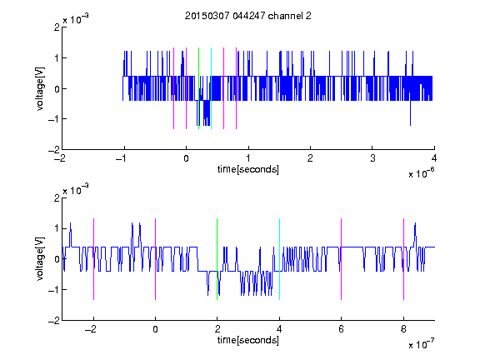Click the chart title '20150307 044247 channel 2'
(248, 16)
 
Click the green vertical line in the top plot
(198, 88)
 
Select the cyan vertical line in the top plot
(211, 88)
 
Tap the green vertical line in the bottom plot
(217, 259)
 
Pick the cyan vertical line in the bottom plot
(279, 259)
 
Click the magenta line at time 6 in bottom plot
(342, 259)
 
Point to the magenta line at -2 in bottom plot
(93, 259)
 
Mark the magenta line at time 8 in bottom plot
(404, 259)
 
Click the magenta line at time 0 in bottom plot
(156, 259)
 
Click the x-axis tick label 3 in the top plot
(372, 158)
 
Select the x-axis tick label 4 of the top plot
(434, 158)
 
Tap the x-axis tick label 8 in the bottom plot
(403, 329)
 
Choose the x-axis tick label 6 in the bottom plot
(341, 329)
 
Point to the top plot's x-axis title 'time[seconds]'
(248, 169)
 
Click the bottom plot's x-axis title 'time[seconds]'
(248, 340)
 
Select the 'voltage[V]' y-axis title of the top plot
(40, 88)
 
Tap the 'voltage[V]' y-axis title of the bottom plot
(40, 259)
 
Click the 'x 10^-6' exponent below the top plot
(421, 173)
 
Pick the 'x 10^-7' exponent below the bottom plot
(421, 344)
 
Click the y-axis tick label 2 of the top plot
(57, 27)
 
